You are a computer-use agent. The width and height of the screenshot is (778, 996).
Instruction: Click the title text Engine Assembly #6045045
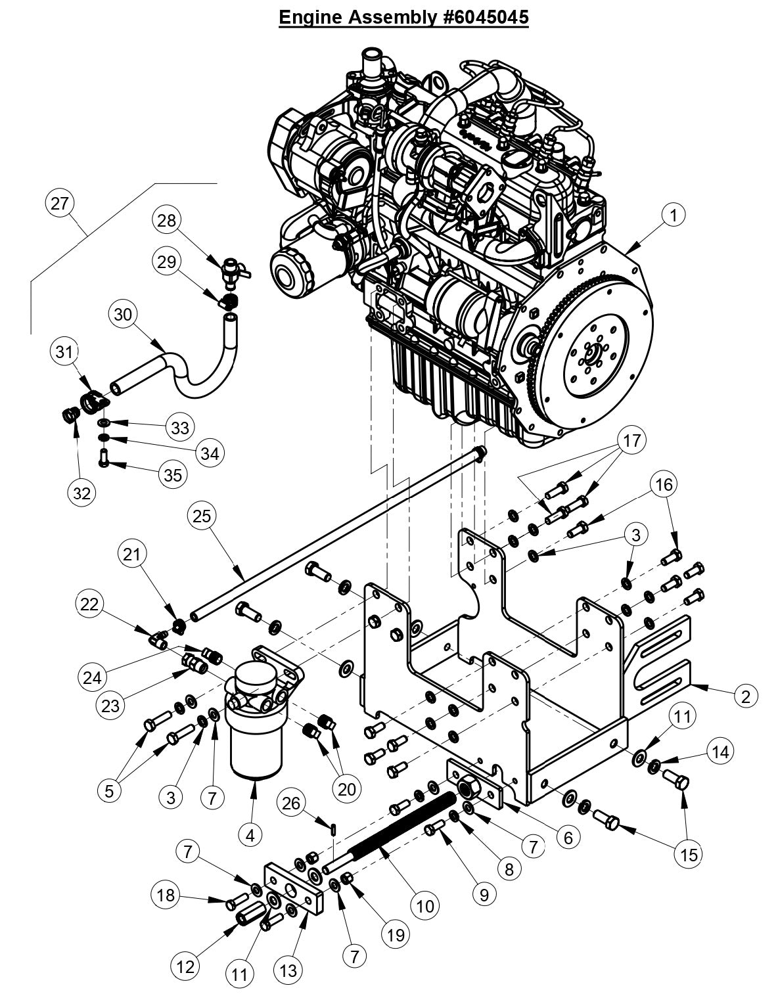click(x=403, y=17)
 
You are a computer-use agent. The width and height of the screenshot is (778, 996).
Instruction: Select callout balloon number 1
click(x=674, y=214)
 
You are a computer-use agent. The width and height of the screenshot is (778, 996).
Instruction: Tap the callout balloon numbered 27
click(x=59, y=203)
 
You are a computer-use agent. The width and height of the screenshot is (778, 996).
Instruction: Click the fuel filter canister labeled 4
click(x=256, y=742)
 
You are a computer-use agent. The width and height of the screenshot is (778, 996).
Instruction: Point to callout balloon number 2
click(x=744, y=696)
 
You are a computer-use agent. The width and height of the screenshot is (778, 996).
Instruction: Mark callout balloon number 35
click(x=172, y=474)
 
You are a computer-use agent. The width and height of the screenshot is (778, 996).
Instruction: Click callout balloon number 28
click(x=168, y=220)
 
